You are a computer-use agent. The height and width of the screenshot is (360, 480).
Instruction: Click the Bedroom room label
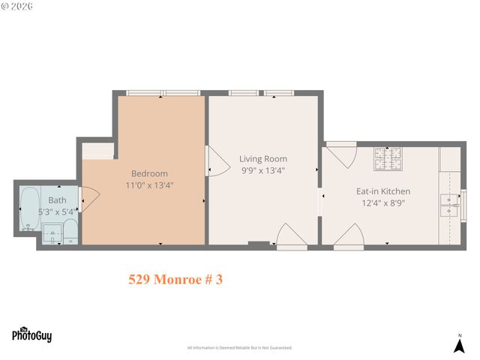(149, 173)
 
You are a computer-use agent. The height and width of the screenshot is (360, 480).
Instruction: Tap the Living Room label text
(263, 159)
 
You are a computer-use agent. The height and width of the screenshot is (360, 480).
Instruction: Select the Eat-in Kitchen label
(382, 191)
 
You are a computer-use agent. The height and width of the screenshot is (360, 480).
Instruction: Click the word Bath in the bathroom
(57, 200)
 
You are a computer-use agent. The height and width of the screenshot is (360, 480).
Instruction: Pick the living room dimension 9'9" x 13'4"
(262, 170)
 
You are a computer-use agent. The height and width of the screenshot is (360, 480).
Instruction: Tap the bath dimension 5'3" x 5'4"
(57, 211)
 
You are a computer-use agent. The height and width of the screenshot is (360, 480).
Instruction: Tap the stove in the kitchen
(388, 158)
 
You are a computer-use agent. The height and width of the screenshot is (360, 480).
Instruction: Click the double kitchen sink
(450, 203)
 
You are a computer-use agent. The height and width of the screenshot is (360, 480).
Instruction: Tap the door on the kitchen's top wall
(342, 154)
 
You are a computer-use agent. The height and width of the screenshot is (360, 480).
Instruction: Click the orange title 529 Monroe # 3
(175, 280)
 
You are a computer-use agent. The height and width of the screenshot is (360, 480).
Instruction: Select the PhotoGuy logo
(31, 334)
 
